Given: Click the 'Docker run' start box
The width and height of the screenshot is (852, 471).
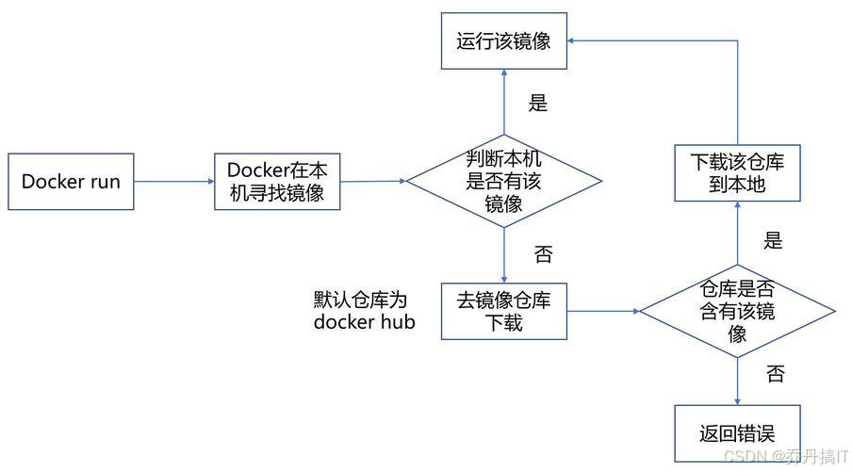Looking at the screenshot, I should coord(71,182).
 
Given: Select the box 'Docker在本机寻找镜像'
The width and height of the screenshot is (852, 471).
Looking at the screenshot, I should coord(277,182).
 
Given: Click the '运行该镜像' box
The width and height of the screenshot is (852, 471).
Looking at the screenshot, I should coord(504,41).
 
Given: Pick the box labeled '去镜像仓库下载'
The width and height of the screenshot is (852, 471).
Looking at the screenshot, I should coord(504,311).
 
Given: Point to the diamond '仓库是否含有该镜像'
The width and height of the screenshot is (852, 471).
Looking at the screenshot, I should coord(737,312).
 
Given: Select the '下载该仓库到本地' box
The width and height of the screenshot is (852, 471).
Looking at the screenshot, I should coord(737,173).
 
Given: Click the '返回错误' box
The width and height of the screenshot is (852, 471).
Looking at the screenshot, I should coord(737,433).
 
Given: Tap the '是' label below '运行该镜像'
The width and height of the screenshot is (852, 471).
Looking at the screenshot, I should coord(537,104).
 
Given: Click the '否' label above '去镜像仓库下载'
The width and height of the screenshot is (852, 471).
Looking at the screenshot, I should coord(543,254).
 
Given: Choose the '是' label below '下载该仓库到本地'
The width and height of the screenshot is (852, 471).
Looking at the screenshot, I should coord(773,240).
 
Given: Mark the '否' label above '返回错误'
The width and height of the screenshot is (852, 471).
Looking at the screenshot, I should coord(775,374).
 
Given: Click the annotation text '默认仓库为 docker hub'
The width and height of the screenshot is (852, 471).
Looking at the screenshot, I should coord(364,311).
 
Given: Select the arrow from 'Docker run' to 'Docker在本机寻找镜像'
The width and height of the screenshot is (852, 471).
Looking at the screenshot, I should coord(174,182).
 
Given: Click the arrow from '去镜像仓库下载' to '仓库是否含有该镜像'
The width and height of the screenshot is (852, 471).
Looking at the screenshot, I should coord(603,311).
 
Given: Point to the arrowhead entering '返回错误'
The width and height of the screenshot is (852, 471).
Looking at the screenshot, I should coord(737,399).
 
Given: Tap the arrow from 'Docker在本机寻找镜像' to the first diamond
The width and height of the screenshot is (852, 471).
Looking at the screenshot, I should coord(372,181).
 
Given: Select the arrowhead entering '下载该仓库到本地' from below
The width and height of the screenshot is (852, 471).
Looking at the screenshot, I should coord(737,208).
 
